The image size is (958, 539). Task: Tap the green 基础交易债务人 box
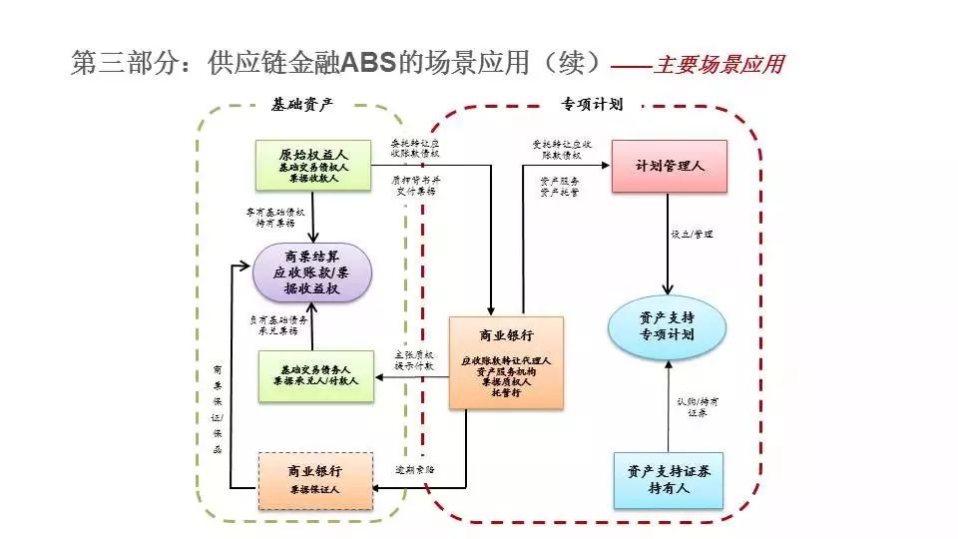[x=314, y=377]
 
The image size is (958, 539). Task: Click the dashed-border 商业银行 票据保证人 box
[x=314, y=480]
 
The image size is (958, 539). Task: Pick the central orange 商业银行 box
[x=506, y=362]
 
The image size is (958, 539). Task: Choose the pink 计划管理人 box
[x=670, y=166]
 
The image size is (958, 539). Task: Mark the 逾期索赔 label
[x=413, y=467]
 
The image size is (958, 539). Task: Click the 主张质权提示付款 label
[x=414, y=359]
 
